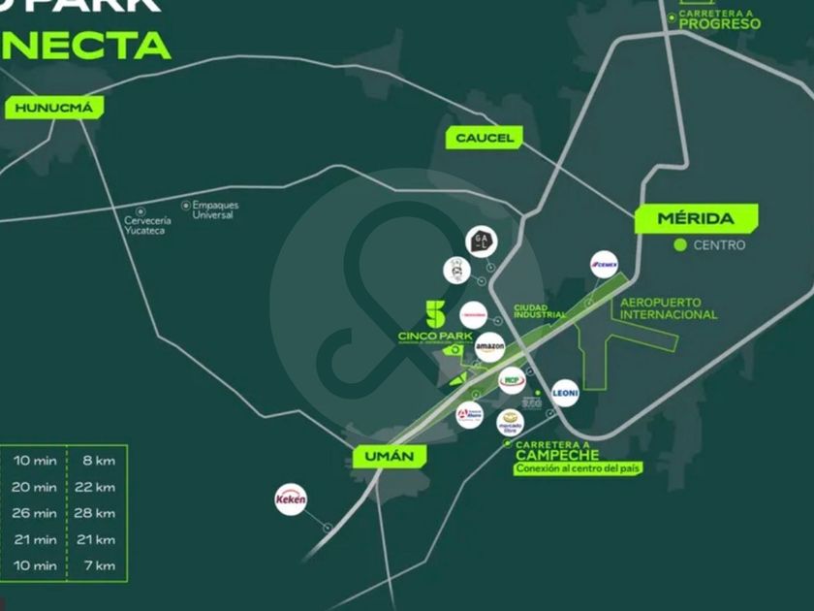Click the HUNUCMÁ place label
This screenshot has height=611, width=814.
(x=53, y=108)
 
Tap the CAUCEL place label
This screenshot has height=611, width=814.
(x=485, y=138)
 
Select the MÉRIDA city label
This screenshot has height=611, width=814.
(x=695, y=218)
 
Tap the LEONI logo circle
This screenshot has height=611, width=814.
(x=565, y=393)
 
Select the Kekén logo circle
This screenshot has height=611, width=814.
(x=291, y=498)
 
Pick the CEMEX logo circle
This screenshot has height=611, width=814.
(x=606, y=264)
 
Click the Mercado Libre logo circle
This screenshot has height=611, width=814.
(x=510, y=422)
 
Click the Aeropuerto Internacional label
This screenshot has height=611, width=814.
(x=668, y=308)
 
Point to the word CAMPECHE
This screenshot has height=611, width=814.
(x=557, y=455)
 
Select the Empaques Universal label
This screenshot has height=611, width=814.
(x=214, y=209)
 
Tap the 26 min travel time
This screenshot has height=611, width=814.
(x=36, y=513)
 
